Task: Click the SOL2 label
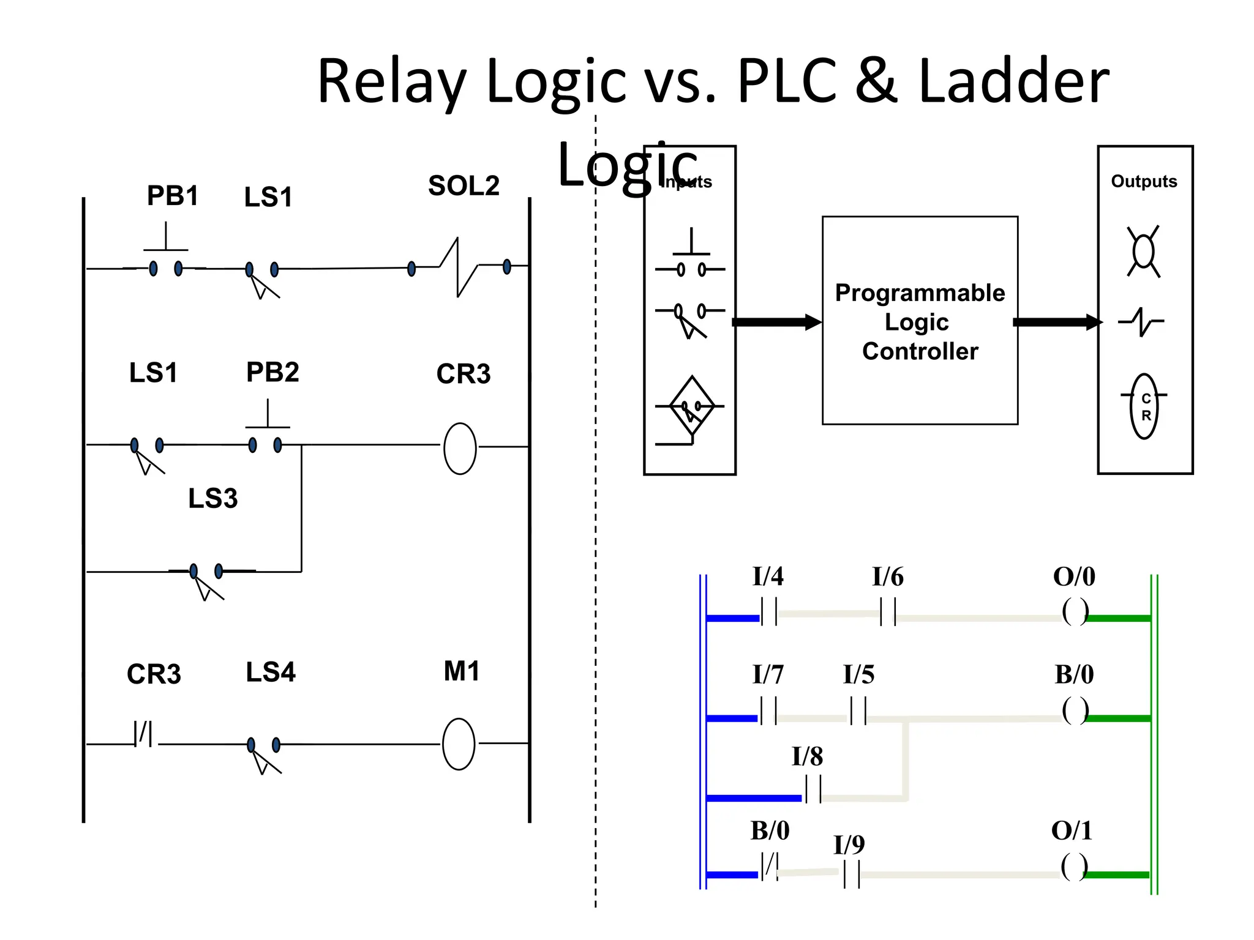pos(464,185)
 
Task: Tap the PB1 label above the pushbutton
pos(173,196)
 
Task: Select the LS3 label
pos(212,498)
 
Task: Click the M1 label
pos(462,671)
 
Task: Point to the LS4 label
pos(271,672)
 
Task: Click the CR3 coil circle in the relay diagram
pos(460,448)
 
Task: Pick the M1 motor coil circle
pos(459,744)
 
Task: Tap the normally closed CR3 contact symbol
pos(144,733)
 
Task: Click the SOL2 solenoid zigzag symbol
pos(459,267)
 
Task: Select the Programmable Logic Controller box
pos(920,321)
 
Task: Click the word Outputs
pos(1144,181)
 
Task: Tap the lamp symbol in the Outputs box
pos(1143,251)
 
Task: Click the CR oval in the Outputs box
pos(1144,406)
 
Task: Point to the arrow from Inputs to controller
pos(776,322)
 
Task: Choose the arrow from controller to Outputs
pos(1057,322)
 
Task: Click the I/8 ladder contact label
pos(807,757)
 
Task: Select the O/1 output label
pos(1072,830)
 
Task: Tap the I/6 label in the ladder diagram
pos(887,576)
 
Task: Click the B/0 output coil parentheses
pos(1075,711)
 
